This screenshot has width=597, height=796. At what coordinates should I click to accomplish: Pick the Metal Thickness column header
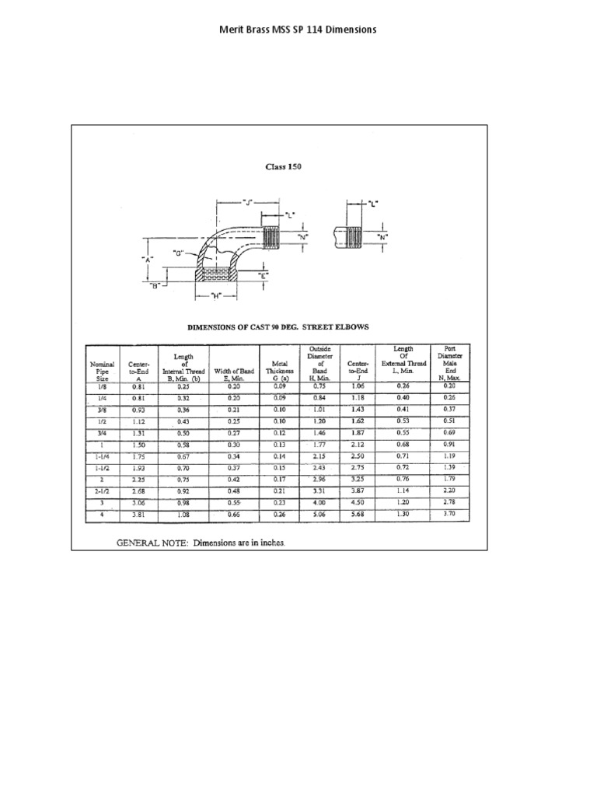pyautogui.click(x=279, y=370)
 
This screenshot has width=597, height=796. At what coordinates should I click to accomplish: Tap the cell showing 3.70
pyautogui.click(x=449, y=515)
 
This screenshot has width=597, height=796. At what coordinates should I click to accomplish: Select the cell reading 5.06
pyautogui.click(x=319, y=515)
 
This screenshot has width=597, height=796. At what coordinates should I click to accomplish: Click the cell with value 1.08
pyautogui.click(x=183, y=515)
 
